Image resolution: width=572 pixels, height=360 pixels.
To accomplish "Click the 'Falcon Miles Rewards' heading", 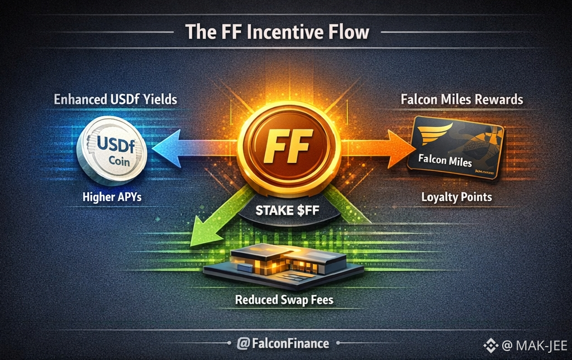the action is coord(462,101).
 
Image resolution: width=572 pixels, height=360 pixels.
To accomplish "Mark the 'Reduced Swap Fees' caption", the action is coord(284,300).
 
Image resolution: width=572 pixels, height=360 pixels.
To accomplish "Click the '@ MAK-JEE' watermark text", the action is coord(533,345).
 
